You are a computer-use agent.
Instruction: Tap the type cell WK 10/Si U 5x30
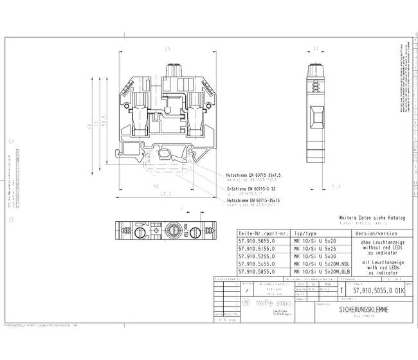tap(314, 256)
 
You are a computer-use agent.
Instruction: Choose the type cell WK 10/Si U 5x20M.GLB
tap(320, 271)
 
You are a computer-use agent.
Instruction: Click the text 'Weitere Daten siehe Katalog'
tap(372, 219)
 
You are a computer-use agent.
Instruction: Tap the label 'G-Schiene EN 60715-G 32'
tap(251, 189)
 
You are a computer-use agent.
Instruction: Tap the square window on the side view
tap(317, 117)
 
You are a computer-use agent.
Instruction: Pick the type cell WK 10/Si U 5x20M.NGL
tap(320, 264)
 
